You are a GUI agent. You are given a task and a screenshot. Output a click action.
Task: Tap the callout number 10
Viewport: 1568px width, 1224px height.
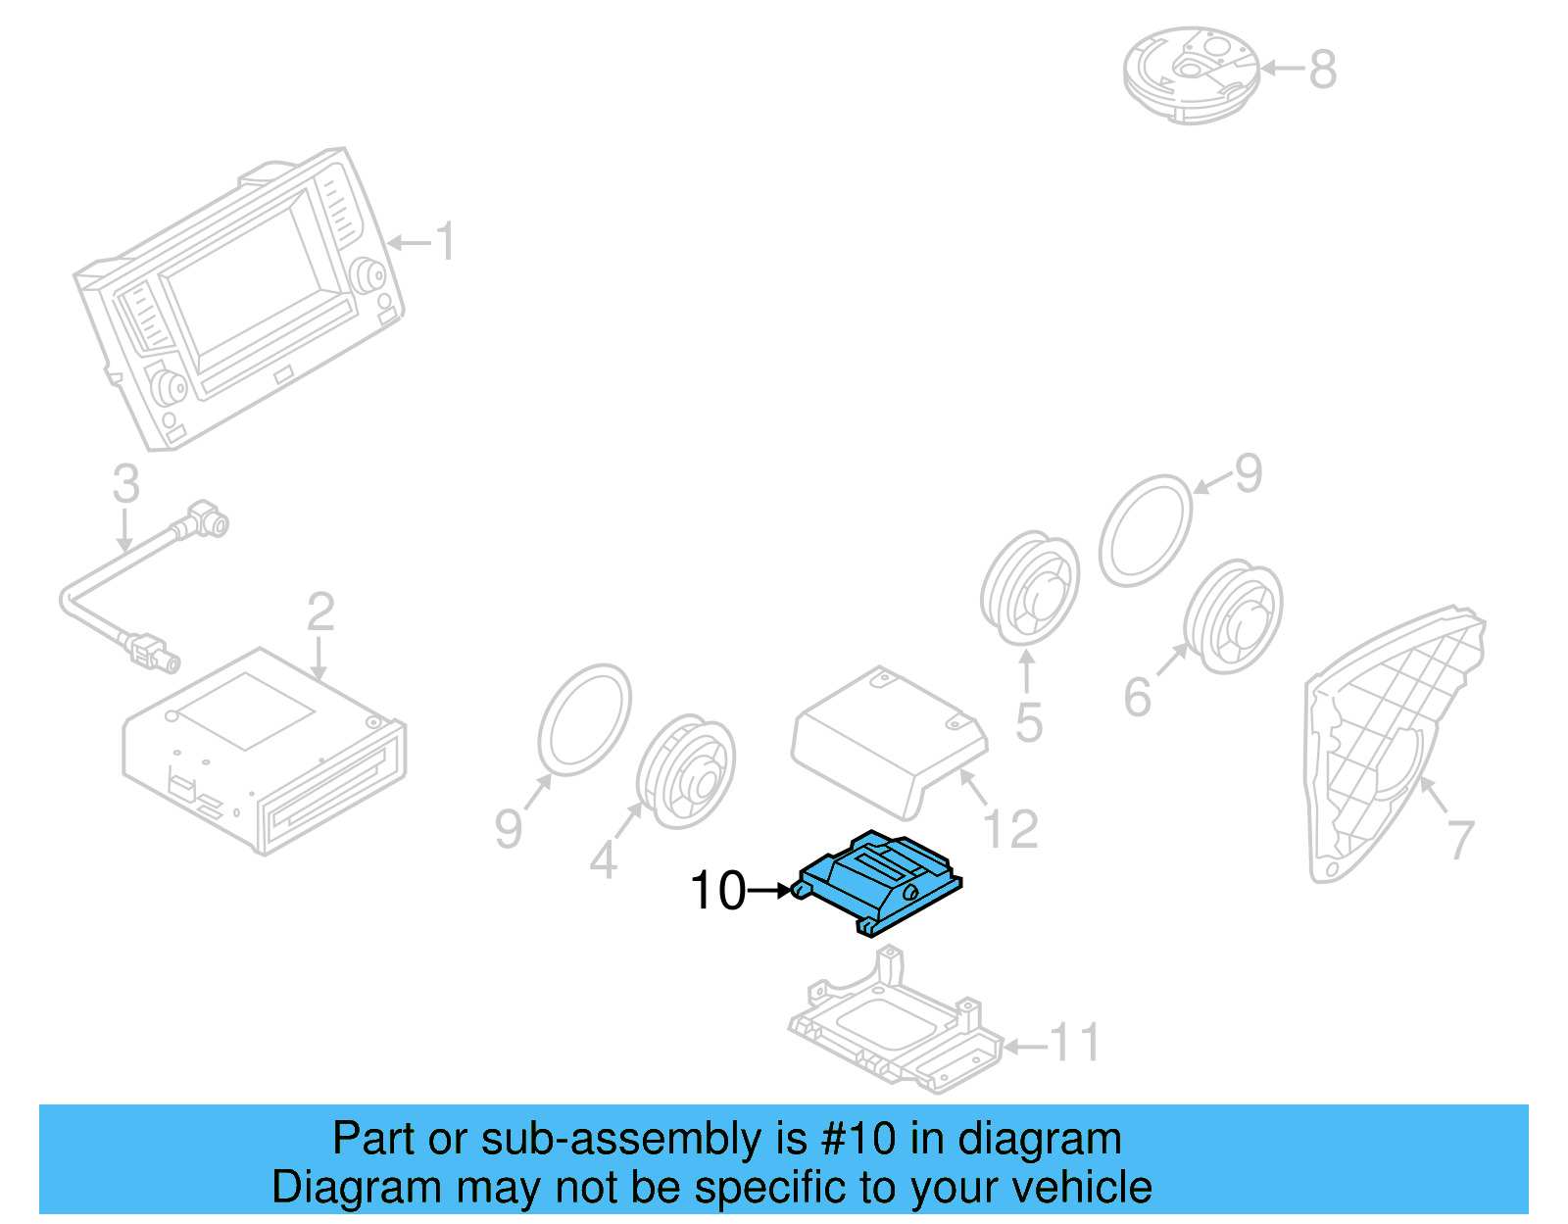(x=717, y=891)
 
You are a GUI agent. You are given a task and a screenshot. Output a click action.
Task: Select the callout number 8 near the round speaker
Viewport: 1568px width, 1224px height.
(x=1322, y=70)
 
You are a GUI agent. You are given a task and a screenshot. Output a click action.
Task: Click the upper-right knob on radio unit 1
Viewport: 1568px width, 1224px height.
(x=370, y=275)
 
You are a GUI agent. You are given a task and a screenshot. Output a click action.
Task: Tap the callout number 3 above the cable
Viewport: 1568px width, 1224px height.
(x=125, y=484)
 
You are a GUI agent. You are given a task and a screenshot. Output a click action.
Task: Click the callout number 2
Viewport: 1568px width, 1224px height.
(x=320, y=612)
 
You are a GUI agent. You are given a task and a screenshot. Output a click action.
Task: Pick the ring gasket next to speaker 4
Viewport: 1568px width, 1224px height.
(x=584, y=719)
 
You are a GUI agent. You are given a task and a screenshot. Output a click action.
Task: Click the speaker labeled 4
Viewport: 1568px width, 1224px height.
(x=686, y=771)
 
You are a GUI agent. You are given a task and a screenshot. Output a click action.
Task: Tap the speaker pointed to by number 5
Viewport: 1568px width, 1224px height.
(x=1029, y=589)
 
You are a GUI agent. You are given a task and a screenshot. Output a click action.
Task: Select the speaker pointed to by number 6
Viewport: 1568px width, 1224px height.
(x=1233, y=616)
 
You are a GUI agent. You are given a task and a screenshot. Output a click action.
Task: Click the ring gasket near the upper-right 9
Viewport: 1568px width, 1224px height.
(x=1145, y=530)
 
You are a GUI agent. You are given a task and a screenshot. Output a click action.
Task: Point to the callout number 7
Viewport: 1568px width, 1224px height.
(x=1460, y=840)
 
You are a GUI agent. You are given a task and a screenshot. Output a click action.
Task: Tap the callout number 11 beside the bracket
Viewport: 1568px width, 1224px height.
(x=1075, y=1043)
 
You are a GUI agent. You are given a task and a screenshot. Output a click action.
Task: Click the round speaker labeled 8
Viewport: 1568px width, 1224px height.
(x=1191, y=73)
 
